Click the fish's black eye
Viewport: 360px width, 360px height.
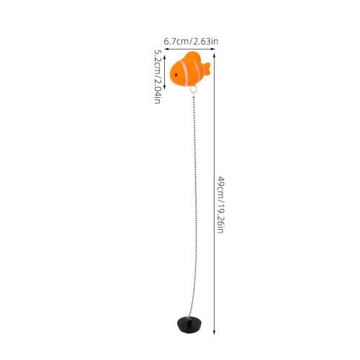point(176,75)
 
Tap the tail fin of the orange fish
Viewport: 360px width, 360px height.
point(207,69)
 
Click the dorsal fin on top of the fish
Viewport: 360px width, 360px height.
point(192,55)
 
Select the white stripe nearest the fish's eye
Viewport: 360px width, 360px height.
point(185,72)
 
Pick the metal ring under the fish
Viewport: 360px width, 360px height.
point(193,89)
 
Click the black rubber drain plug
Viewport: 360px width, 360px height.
point(189,324)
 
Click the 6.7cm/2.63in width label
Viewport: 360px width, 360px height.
point(191,41)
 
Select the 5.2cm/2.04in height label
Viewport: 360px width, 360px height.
point(158,76)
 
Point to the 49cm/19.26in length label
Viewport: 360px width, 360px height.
point(220,204)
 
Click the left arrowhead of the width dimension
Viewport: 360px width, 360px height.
point(166,49)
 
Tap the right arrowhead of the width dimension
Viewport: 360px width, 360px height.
point(212,49)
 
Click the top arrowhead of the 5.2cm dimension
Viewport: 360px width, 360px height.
point(164,57)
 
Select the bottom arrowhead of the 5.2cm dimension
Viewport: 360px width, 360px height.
point(164,87)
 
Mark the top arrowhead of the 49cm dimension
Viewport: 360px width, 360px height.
point(214,55)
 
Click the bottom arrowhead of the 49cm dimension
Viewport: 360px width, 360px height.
point(214,332)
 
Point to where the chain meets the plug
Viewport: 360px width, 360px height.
point(188,318)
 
